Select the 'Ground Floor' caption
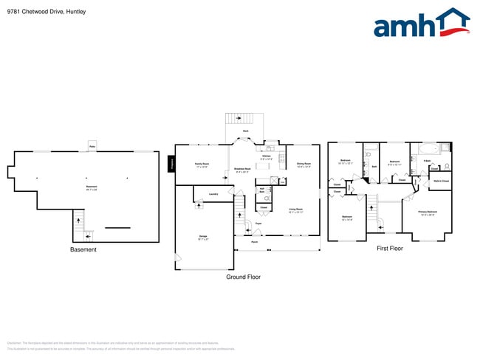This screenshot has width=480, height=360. coord(243,277)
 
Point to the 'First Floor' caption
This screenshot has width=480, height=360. coord(389,249)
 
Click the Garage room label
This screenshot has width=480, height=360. coord(202,237)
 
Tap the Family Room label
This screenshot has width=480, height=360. coord(202,165)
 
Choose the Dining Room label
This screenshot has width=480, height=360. coord(304,165)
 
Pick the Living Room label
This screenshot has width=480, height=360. coord(298,210)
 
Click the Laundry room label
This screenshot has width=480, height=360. coord(213,194)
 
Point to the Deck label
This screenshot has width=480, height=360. coord(246,131)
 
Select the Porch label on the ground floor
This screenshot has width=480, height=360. coord(254,242)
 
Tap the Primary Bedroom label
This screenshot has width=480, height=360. coord(428,212)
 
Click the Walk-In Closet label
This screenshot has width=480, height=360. coord(441,181)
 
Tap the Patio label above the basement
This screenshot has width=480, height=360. coord(92,147)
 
